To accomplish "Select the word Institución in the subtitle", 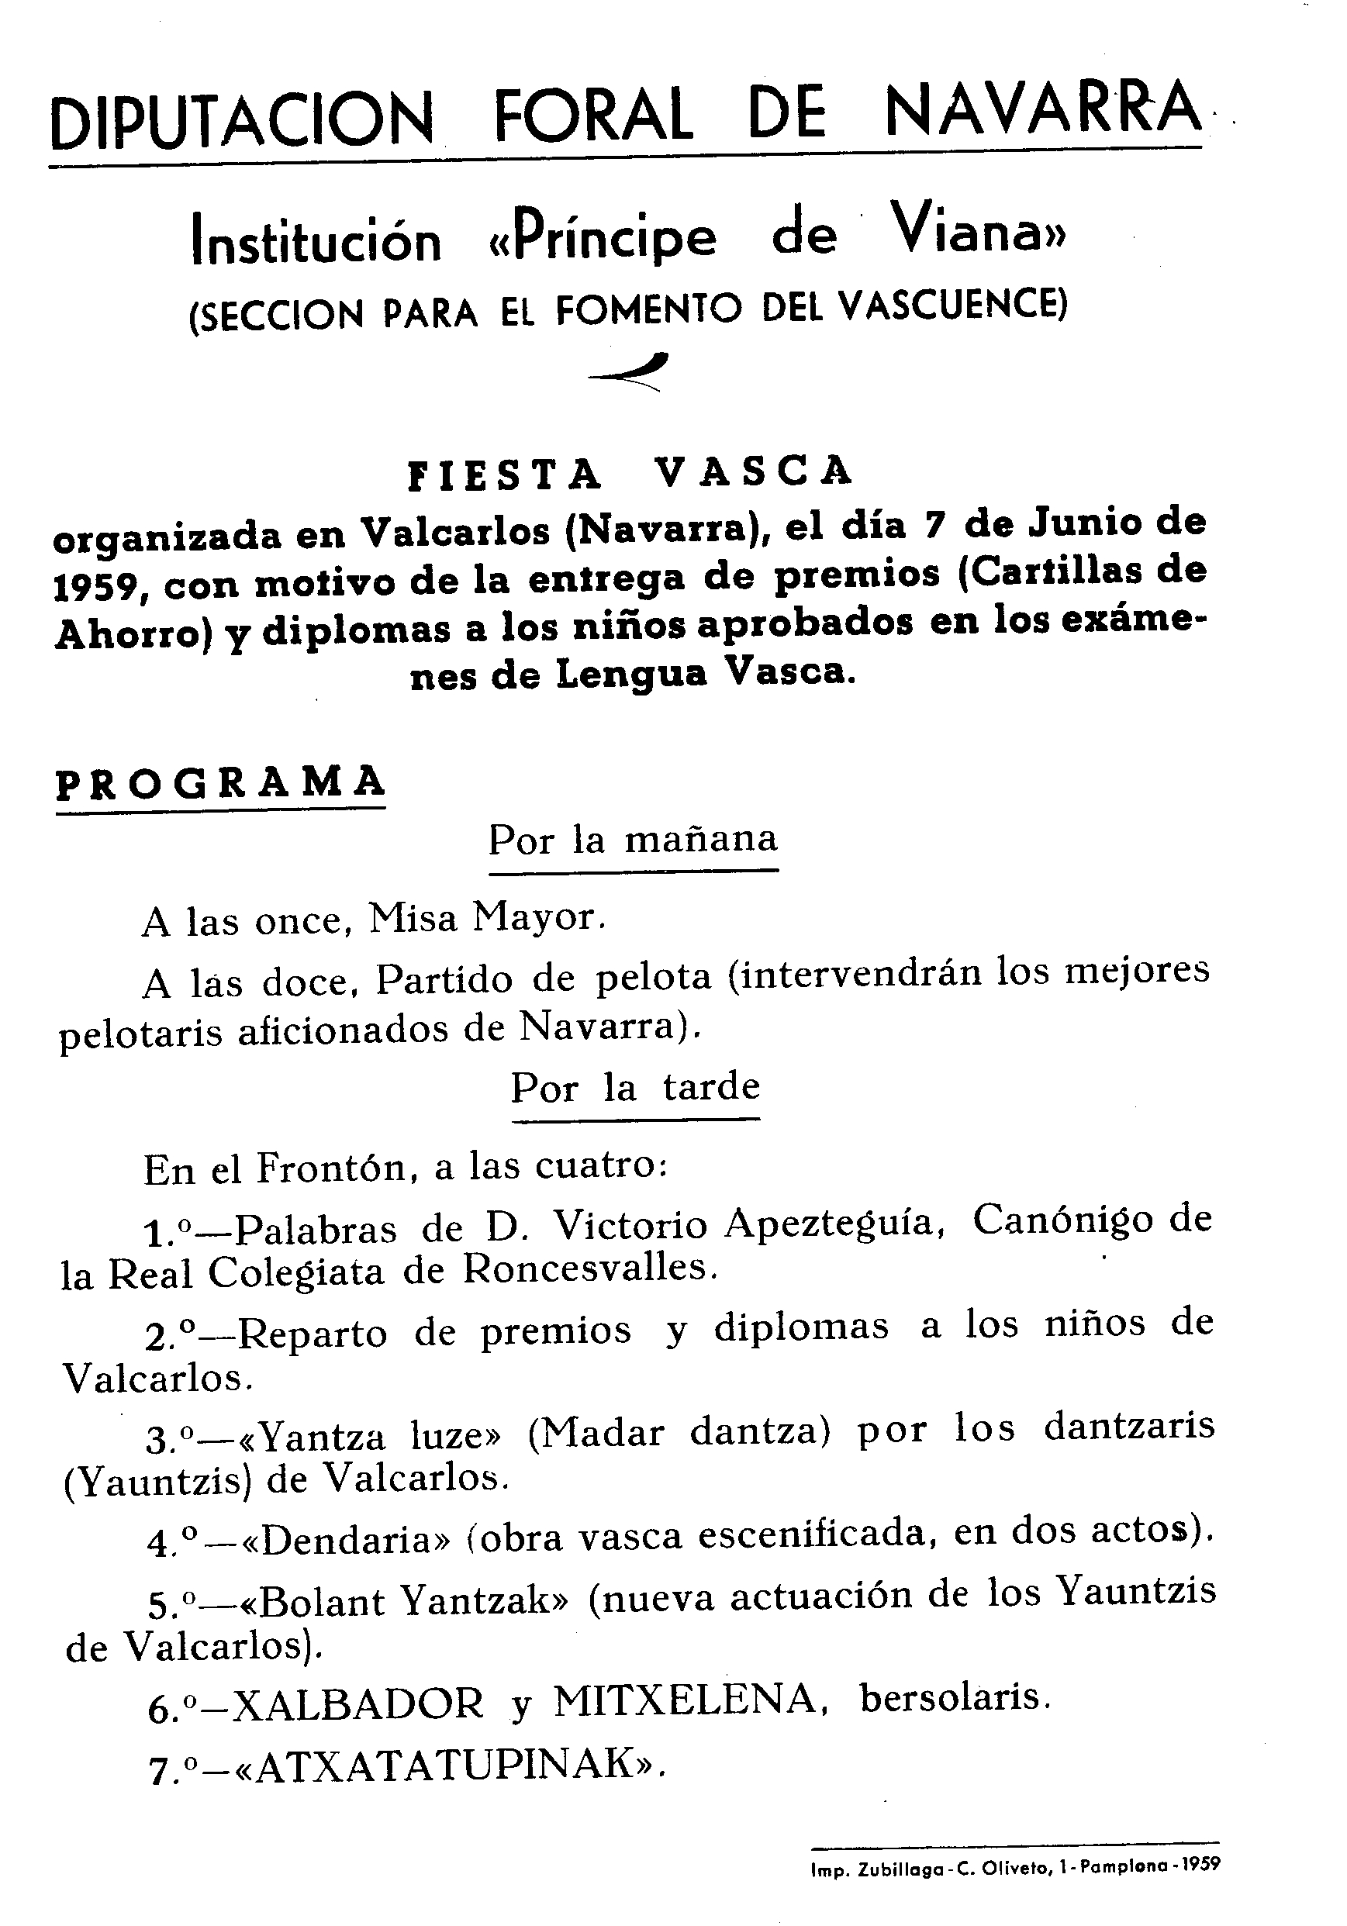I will [316, 240].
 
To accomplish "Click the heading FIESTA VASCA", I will [629, 472].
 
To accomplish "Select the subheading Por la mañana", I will [634, 840].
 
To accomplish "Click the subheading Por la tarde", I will [635, 1088].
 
